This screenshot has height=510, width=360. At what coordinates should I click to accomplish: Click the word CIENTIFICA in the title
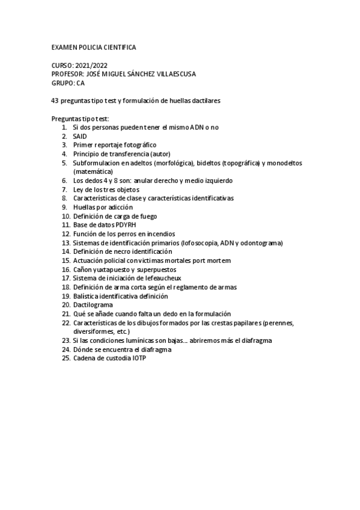pyautogui.click(x=118, y=47)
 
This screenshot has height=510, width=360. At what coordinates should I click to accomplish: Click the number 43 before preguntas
pyautogui.click(x=56, y=101)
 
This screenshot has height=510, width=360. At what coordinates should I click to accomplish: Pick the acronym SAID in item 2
pyautogui.click(x=80, y=137)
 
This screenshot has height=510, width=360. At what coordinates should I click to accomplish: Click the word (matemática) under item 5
pyautogui.click(x=92, y=171)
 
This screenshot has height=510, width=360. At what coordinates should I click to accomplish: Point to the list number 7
pyautogui.click(x=64, y=189)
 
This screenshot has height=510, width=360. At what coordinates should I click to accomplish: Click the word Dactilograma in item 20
pyautogui.click(x=93, y=305)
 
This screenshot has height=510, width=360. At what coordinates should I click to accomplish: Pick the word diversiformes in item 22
pyautogui.click(x=93, y=331)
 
